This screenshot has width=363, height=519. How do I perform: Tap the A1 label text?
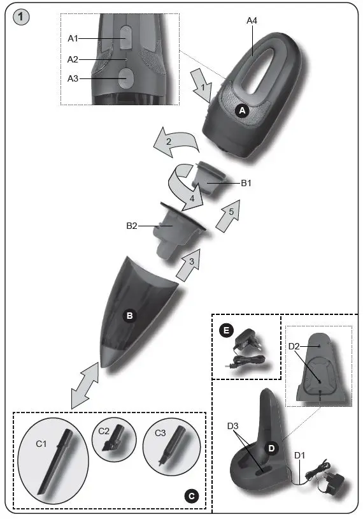[x=73, y=39]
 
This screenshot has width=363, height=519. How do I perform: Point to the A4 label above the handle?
[x=252, y=21]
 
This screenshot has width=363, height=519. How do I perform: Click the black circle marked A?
[x=241, y=110]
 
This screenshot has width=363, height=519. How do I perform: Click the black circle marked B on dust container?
[x=130, y=316]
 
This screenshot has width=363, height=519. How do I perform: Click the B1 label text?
[x=248, y=184]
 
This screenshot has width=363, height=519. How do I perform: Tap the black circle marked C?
[x=192, y=494]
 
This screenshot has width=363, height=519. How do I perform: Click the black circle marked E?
[x=225, y=330]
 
